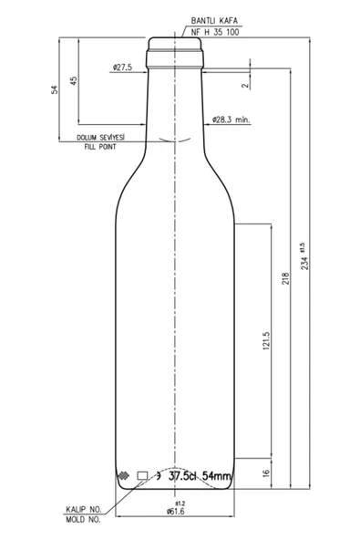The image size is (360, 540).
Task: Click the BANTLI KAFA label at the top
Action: (214, 21)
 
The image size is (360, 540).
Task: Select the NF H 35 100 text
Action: (215, 32)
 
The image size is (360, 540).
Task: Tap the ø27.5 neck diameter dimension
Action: (122, 67)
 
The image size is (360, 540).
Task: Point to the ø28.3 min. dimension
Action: (231, 119)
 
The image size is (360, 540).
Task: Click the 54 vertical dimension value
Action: (55, 90)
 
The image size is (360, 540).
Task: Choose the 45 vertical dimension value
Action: (74, 81)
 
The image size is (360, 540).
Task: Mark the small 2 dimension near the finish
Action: (244, 86)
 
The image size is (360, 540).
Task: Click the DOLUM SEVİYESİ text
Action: (100, 138)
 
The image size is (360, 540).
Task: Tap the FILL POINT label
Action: (100, 147)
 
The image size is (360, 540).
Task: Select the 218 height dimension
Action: (285, 278)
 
